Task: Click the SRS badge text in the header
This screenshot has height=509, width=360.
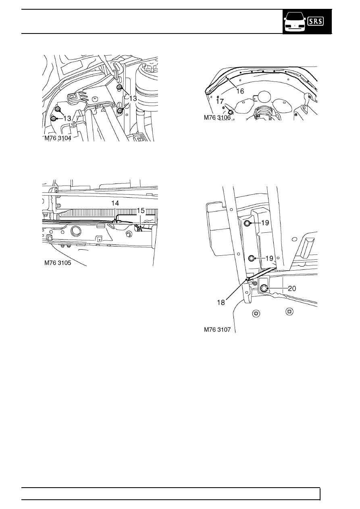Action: (316, 21)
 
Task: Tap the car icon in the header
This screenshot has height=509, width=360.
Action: (295, 22)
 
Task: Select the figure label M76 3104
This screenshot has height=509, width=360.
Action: (58, 138)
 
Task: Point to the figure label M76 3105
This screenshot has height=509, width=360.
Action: (58, 263)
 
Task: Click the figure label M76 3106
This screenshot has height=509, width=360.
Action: (217, 117)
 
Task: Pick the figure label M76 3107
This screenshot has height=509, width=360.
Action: (217, 330)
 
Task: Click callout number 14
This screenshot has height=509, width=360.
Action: (115, 203)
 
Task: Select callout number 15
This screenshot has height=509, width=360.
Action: (141, 211)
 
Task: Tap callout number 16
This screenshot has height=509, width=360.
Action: (240, 91)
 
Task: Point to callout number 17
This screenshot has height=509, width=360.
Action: (220, 101)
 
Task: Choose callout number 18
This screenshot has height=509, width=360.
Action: (221, 302)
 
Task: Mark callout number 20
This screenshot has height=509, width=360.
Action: (292, 288)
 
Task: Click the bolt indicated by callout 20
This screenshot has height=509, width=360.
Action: (264, 288)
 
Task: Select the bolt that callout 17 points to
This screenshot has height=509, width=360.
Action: (230, 112)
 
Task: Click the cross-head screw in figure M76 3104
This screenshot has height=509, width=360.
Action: (95, 98)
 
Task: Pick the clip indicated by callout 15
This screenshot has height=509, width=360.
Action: (139, 228)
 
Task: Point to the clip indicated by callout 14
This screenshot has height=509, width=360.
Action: (115, 220)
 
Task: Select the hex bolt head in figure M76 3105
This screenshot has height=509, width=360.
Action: (129, 234)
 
